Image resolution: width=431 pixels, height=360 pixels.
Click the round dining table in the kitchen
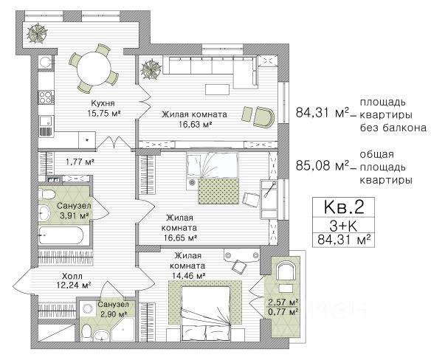(94, 68)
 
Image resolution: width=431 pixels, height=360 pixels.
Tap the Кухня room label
(103, 103)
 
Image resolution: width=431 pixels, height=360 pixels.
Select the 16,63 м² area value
(195, 124)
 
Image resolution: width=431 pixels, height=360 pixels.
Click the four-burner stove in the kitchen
(46, 97)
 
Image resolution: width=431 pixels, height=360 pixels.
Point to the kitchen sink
(46, 122)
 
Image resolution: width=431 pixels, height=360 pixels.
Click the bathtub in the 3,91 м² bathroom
(61, 236)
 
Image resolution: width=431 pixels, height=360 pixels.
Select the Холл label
(72, 276)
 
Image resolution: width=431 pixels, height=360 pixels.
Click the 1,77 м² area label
(80, 162)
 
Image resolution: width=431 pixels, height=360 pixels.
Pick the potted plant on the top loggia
(37, 33)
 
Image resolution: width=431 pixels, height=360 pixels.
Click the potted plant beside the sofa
(151, 69)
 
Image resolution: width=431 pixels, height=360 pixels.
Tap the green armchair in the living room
(263, 117)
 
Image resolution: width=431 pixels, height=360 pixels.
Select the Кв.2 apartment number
(344, 207)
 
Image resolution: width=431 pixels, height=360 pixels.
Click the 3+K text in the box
(343, 226)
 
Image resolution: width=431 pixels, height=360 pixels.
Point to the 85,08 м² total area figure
(323, 166)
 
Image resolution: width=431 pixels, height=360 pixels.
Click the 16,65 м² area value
(180, 238)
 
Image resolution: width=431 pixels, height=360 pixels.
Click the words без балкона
(393, 128)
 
